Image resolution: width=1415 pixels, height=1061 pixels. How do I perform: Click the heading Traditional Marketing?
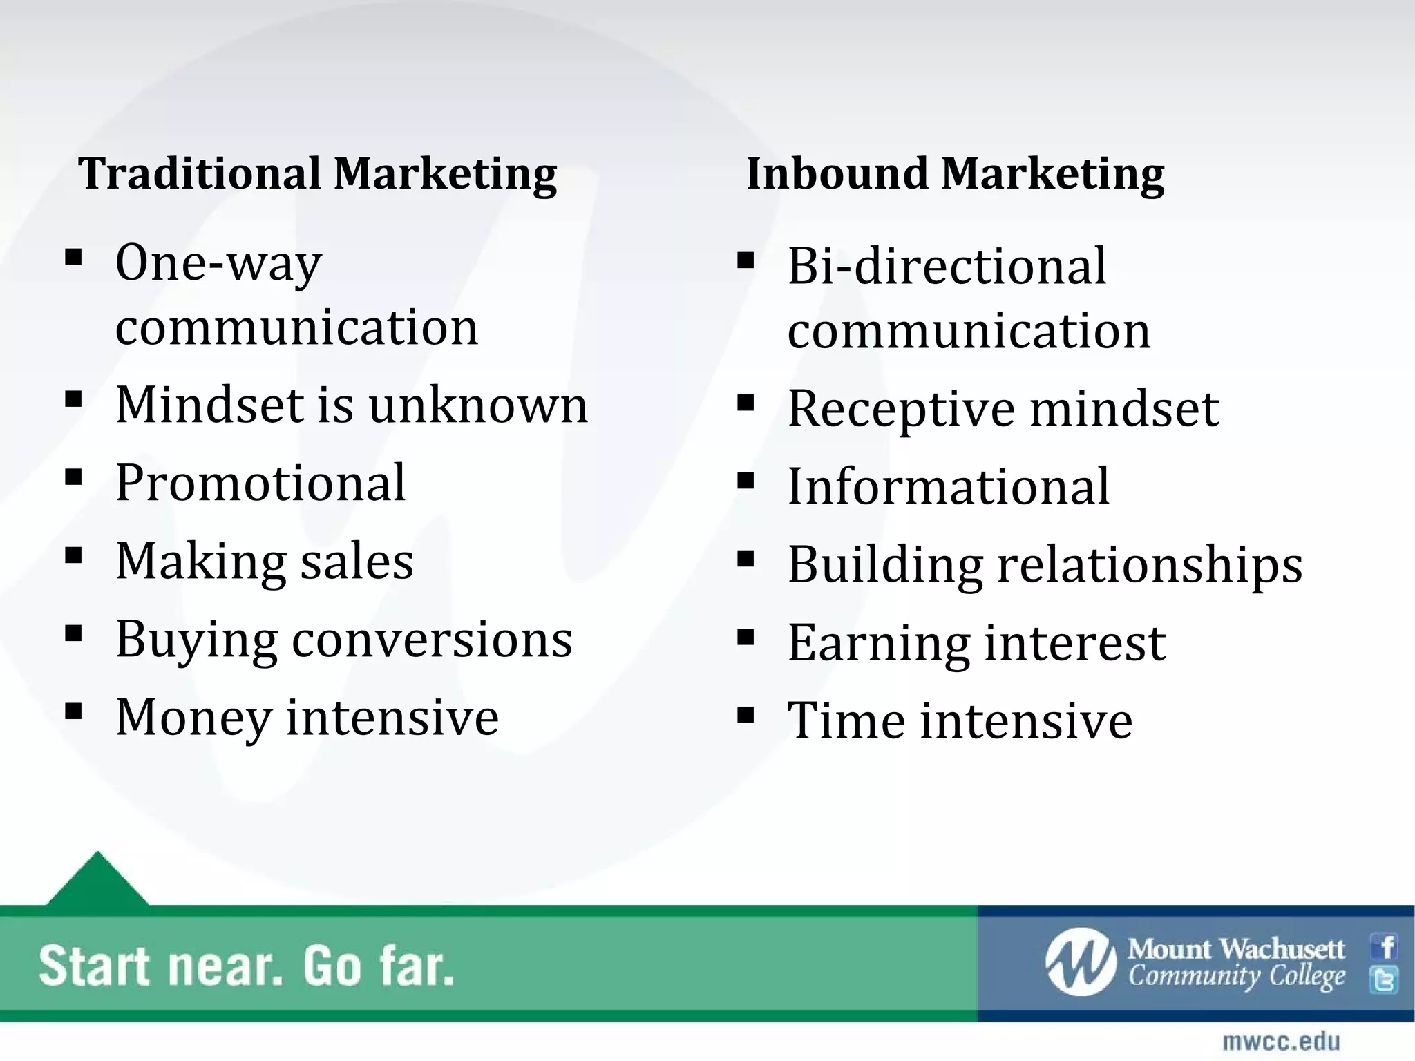[x=317, y=173]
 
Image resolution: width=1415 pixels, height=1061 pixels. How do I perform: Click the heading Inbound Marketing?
[x=955, y=173]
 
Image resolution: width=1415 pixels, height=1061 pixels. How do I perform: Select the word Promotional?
[x=260, y=482]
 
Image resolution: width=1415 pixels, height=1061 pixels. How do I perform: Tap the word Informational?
[x=948, y=486]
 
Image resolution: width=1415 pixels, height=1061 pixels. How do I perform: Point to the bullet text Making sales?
[x=265, y=561]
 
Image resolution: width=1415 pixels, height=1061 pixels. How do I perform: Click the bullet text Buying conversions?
[x=343, y=640]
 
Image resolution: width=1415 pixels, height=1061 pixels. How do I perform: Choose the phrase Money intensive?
[x=307, y=717]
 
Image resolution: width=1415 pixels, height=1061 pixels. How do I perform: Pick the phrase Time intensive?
[x=960, y=720]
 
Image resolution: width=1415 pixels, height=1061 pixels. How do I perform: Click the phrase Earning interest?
[x=976, y=643]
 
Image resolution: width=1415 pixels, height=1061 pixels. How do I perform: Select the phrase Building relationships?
[x=1045, y=565]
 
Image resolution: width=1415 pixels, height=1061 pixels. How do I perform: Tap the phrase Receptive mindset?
[x=1003, y=409]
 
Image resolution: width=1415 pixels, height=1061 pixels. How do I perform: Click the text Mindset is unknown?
[x=351, y=405]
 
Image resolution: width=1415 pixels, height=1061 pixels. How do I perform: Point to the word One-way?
[x=218, y=263]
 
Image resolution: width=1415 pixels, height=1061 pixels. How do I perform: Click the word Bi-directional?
[x=947, y=266]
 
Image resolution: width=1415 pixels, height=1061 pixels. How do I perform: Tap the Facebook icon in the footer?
[x=1385, y=946]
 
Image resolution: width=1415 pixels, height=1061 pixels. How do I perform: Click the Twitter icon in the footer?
[x=1385, y=980]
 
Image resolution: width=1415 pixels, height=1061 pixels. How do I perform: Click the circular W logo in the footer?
[x=1081, y=962]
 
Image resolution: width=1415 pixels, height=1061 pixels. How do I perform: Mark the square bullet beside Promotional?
[x=73, y=477]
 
